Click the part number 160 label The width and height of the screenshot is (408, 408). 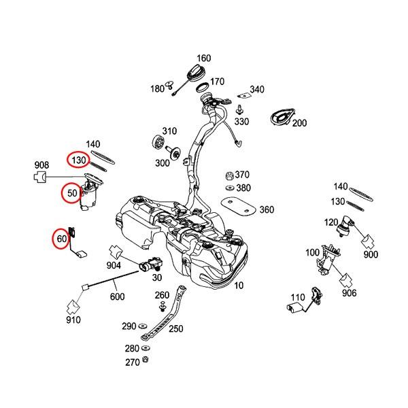[x=204, y=58]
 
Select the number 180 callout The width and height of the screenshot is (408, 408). [x=157, y=88]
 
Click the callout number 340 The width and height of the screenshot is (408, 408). [x=257, y=90]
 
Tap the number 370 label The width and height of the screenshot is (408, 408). [x=243, y=174]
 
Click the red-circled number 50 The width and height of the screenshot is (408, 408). [x=72, y=192]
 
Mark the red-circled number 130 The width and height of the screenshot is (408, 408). [x=78, y=160]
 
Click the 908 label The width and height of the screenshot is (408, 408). [x=41, y=165]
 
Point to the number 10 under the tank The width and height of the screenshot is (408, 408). [x=238, y=286]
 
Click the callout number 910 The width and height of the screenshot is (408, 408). [x=73, y=320]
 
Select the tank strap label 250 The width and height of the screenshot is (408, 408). [x=176, y=329]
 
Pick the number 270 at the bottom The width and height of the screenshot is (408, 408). [x=131, y=363]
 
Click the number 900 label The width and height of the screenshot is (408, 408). [x=371, y=254]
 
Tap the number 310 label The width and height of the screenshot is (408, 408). [x=168, y=131]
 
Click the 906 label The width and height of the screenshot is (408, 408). [x=349, y=293]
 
